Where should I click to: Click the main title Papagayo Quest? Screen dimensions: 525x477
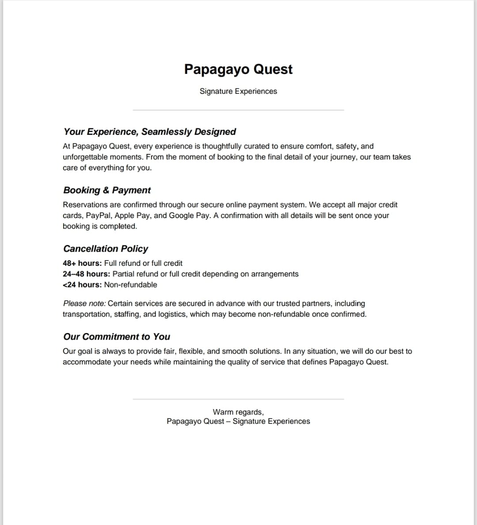(x=238, y=69)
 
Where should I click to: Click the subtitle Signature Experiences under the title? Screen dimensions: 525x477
(x=238, y=91)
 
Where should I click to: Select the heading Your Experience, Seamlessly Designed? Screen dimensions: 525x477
(x=150, y=132)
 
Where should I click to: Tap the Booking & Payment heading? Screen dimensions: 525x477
(x=107, y=190)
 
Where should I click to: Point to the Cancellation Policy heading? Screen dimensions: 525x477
(x=106, y=249)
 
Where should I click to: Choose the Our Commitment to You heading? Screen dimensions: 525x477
(x=117, y=337)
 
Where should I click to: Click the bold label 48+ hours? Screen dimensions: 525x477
(x=82, y=263)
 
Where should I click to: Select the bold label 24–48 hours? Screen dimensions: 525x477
(x=87, y=274)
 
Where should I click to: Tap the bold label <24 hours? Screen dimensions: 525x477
(x=82, y=285)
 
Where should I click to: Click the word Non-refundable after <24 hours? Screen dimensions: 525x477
(x=131, y=285)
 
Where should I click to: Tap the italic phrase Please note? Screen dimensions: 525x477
(x=84, y=303)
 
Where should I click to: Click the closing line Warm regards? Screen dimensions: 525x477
(x=238, y=412)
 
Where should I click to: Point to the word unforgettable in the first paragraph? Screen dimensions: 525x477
(x=85, y=157)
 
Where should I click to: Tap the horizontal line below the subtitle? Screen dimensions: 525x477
(x=238, y=110)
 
